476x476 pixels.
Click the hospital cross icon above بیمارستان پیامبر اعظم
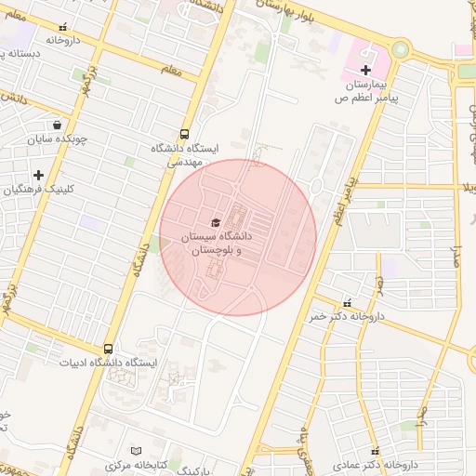365,70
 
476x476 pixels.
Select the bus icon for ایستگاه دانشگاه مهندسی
184,134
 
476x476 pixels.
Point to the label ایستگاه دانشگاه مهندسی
184,154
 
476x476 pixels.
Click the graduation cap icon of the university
217,222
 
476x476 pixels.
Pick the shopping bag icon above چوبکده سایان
58,125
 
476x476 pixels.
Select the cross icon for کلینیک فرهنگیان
38,175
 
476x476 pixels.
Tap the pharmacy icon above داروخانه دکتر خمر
347,302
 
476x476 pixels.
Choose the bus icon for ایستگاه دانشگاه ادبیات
109,349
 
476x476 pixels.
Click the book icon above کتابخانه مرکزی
138,450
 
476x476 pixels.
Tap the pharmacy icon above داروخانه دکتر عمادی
375,450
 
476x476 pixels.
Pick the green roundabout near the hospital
401,48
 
